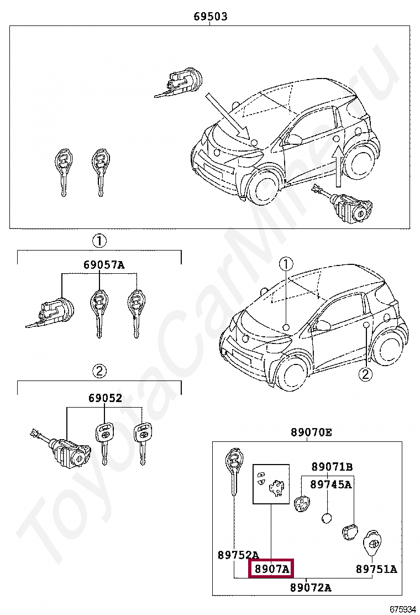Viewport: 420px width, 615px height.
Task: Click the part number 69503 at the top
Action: (210, 17)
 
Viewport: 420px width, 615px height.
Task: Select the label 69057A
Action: (104, 265)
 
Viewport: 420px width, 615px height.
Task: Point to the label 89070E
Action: (312, 432)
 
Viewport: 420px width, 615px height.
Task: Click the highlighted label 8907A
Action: (271, 568)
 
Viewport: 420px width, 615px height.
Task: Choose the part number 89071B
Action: (332, 466)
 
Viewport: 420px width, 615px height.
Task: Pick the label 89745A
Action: (330, 484)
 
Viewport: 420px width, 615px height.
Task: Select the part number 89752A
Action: (238, 555)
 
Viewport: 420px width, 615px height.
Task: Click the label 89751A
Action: (376, 568)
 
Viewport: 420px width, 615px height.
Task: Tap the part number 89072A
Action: (311, 587)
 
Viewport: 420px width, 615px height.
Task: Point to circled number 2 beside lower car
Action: (364, 374)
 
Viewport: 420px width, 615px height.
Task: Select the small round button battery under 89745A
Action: (327, 519)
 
